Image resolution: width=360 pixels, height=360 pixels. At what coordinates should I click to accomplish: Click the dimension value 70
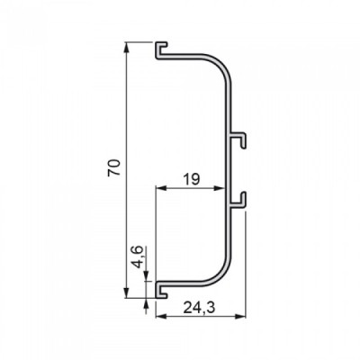[x=114, y=168]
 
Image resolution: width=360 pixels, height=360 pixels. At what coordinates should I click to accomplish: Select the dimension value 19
[x=191, y=180]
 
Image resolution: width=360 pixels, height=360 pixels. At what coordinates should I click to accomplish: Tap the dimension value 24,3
[x=199, y=308]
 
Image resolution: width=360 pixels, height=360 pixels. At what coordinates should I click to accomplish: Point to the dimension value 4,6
[x=138, y=256]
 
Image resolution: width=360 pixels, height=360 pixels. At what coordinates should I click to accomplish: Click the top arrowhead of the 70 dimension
[x=127, y=48]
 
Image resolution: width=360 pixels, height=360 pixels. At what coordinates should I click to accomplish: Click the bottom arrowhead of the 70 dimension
[x=127, y=292]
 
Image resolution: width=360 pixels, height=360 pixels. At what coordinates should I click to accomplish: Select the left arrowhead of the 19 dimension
[x=162, y=188]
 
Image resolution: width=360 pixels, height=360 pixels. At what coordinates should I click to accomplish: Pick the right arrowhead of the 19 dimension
[x=220, y=188]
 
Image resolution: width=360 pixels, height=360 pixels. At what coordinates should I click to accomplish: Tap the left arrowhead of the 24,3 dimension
[x=162, y=316]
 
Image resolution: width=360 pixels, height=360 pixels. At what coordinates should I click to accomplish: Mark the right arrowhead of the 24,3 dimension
[x=240, y=316]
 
